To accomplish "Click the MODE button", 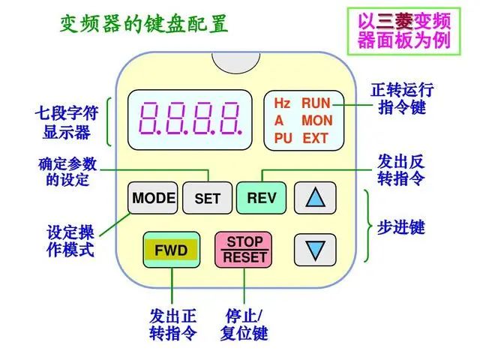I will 154,199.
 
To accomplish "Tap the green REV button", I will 262,199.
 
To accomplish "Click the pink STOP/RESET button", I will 244,250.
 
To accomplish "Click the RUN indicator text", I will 316,103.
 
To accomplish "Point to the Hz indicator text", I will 281,103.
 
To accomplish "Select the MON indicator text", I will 316,121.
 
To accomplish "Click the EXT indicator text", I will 316,138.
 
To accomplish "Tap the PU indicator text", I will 283,138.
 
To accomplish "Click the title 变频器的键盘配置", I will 143,25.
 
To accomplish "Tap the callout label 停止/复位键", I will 244,324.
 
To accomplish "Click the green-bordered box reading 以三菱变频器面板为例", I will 404,30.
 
